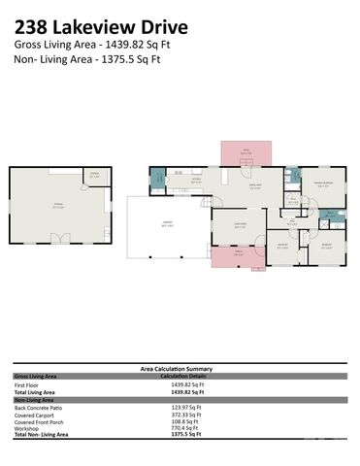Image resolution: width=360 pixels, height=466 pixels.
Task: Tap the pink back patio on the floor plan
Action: [246, 153]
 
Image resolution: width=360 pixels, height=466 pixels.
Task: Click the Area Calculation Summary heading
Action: [179, 369]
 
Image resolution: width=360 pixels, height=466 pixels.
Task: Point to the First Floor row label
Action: [28, 385]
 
